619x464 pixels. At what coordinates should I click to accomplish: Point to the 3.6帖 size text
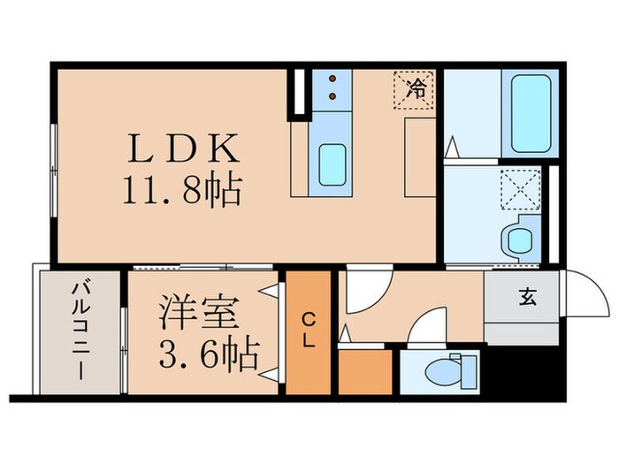210,354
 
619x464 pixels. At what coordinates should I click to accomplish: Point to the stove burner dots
332,86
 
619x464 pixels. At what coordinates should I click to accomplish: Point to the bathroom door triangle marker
451,144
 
